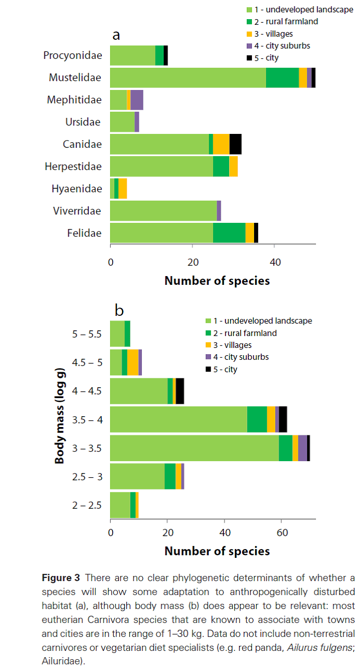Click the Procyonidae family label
tap(72, 55)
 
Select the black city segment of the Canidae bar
tap(235, 144)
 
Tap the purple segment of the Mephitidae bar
tap(137, 100)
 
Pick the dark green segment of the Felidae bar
tap(229, 233)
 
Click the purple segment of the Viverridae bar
tap(219, 210)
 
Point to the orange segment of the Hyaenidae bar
tap(123, 188)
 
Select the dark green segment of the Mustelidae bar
tap(282, 78)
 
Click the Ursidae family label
tap(83, 122)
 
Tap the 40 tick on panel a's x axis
tap(275, 262)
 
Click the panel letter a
tap(117, 35)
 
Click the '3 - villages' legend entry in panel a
tap(273, 34)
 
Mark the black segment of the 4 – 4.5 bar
tap(180, 391)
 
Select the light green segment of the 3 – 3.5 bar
tap(194, 448)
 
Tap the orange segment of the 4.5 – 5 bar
tap(132, 362)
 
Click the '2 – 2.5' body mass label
tap(87, 505)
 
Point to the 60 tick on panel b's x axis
tap(281, 533)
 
